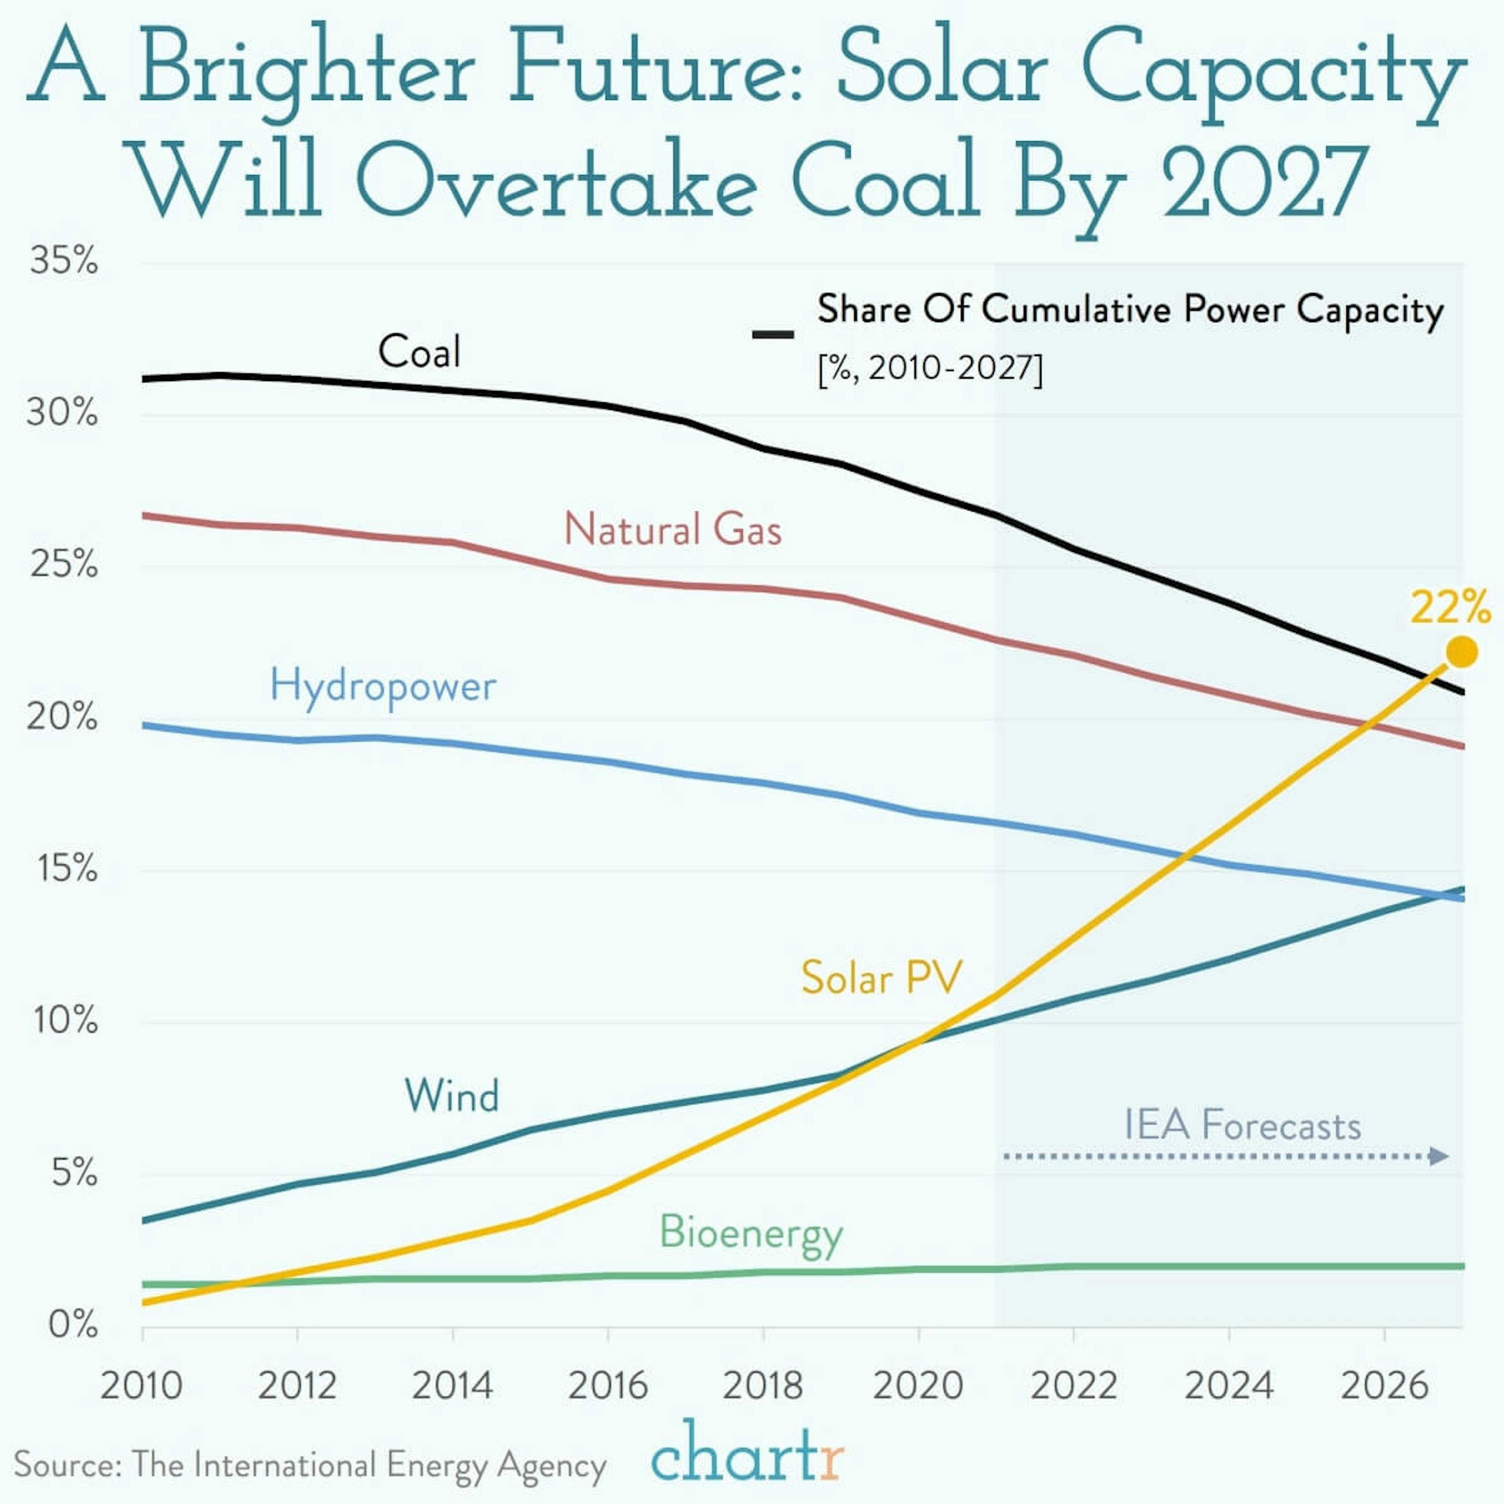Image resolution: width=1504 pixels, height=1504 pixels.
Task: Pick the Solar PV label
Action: pyautogui.click(x=881, y=978)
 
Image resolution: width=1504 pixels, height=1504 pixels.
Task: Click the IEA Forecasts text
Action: pyautogui.click(x=1242, y=1126)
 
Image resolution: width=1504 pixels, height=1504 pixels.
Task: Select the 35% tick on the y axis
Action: pyautogui.click(x=64, y=261)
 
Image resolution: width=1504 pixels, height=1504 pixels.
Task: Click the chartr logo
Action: pyautogui.click(x=747, y=1453)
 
